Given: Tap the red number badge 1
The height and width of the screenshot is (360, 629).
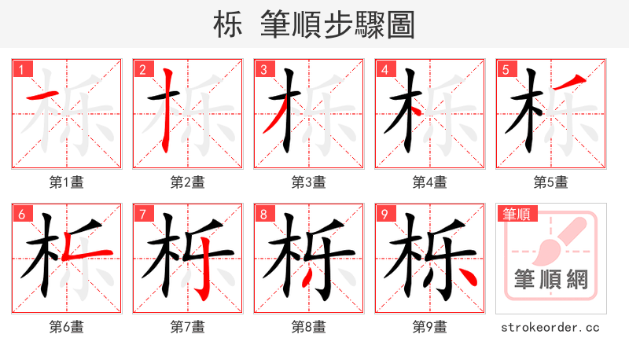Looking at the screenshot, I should pos(21,69).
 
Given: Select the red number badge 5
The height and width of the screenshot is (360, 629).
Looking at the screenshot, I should pos(506,69).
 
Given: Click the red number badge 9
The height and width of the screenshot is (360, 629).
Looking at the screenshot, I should pos(384,214).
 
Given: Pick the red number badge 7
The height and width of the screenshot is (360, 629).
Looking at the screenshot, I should pos(142,214).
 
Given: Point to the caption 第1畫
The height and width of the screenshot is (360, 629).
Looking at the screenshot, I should pos(67,182).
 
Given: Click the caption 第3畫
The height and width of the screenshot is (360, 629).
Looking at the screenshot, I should pos(309,182).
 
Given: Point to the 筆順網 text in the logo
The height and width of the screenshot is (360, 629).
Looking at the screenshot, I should pos(551,279).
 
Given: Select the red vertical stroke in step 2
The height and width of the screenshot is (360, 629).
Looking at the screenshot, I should pos(166,110).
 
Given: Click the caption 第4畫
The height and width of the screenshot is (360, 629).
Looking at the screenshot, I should pos(430,182).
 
